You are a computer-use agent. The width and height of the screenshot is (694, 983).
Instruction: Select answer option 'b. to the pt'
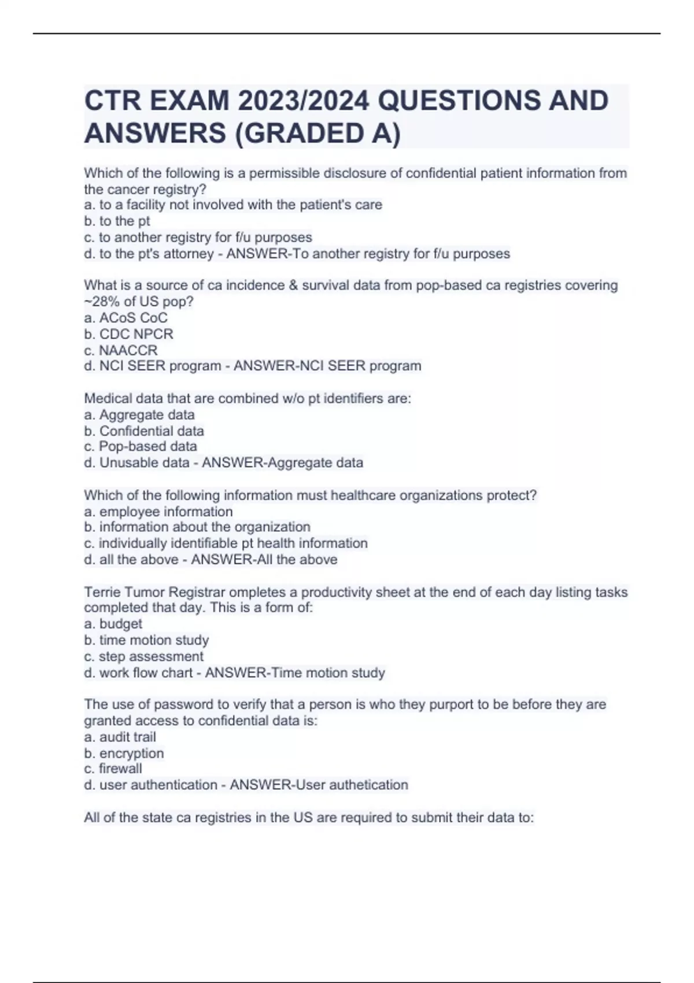tap(117, 221)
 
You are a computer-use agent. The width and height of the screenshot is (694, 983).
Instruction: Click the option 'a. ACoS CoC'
tap(125, 318)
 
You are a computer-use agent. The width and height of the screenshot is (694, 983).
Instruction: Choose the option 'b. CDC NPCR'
tap(128, 334)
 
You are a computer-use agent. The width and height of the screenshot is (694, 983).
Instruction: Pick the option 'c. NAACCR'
tap(120, 350)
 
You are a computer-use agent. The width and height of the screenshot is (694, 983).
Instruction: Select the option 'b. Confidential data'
tap(144, 431)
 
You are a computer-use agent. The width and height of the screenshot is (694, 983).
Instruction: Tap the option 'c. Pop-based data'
tap(141, 446)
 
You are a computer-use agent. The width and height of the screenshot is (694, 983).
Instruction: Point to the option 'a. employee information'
tap(158, 512)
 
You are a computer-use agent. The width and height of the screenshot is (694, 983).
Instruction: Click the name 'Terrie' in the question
tap(102, 592)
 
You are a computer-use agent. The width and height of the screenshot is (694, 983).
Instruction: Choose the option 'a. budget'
tap(113, 624)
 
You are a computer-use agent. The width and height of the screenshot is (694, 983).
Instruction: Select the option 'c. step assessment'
tap(143, 657)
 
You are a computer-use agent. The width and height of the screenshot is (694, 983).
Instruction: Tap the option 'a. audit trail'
tap(120, 737)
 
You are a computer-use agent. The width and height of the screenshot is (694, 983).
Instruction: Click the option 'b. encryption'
tap(124, 753)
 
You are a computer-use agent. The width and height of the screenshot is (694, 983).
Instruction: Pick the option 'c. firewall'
tap(113, 769)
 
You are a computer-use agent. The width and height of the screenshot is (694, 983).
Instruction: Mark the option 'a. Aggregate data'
tap(139, 415)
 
